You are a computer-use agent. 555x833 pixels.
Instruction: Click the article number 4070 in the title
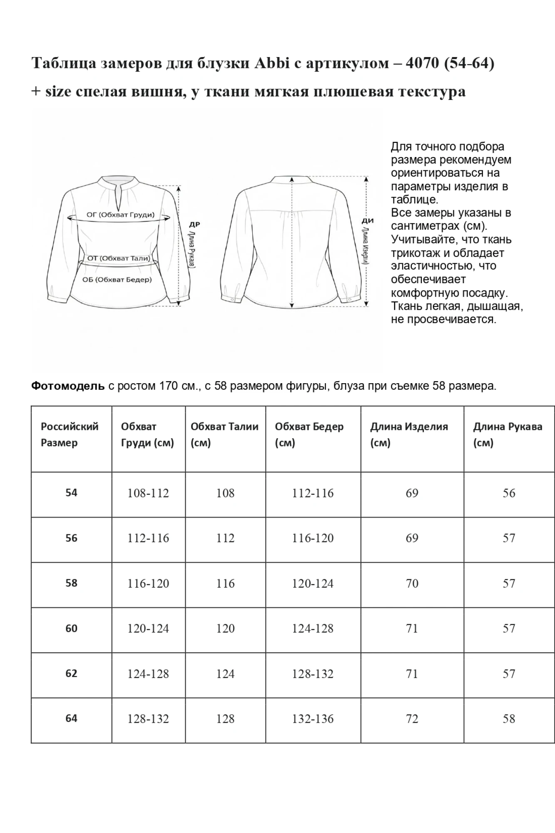[x=422, y=63]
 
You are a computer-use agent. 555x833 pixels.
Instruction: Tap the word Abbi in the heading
[x=272, y=63]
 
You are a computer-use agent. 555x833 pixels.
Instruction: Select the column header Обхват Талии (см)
[x=224, y=434]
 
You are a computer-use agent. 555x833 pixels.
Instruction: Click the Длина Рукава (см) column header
[x=508, y=434]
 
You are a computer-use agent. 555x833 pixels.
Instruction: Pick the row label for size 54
[x=71, y=493]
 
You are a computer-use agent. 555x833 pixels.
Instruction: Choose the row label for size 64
[x=71, y=718]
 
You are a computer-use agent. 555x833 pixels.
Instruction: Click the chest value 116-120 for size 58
[x=148, y=584]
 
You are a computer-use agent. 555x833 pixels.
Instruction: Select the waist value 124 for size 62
[x=225, y=674]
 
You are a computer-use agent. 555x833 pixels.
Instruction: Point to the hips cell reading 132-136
[x=313, y=719]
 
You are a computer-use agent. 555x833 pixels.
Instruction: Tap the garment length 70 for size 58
[x=412, y=584]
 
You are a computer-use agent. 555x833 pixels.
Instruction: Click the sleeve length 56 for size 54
[x=509, y=493]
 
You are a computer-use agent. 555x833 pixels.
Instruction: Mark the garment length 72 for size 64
[x=412, y=719]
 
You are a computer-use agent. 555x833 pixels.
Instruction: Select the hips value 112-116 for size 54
[x=313, y=493]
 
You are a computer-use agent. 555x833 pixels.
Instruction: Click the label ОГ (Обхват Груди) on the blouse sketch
[x=120, y=215]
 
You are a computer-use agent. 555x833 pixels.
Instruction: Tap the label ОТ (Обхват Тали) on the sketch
[x=119, y=258]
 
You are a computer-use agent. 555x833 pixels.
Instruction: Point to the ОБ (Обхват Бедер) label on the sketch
[x=117, y=279]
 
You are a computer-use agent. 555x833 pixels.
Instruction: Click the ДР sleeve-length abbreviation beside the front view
[x=194, y=224]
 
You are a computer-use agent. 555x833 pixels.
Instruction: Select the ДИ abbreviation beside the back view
[x=368, y=221]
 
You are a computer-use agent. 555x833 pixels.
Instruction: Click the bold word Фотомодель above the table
[x=68, y=386]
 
